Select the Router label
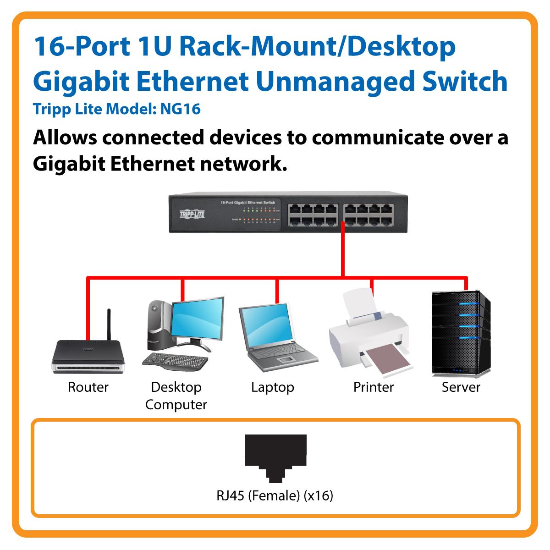(88, 387)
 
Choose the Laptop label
(272, 387)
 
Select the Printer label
(374, 387)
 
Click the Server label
(461, 387)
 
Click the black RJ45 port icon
(275, 458)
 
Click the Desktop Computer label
(176, 396)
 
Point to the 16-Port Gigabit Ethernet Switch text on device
(247, 202)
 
